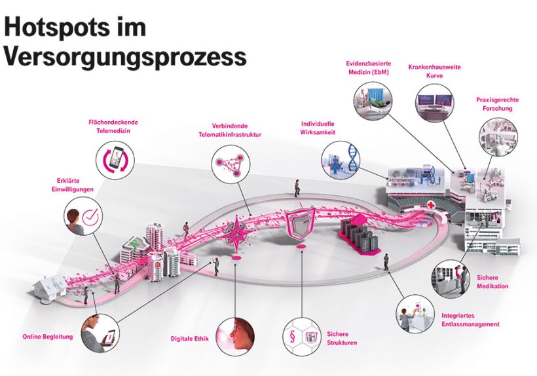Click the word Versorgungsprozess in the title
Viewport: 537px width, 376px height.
[125, 56]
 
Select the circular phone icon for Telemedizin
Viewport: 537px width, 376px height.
[115, 159]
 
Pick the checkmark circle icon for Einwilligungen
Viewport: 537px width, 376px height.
[84, 217]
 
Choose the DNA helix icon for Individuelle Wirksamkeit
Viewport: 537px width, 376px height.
[341, 159]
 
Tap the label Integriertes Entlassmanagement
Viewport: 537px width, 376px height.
[470, 320]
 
